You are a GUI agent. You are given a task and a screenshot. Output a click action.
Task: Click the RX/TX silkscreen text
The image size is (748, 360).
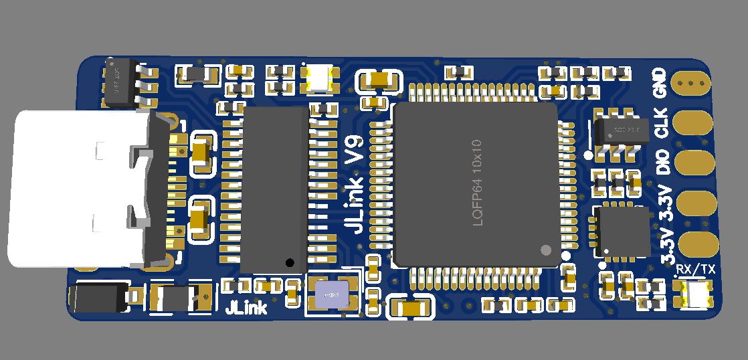click(696, 269)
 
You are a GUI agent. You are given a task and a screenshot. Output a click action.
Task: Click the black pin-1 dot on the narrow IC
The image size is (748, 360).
click(290, 262)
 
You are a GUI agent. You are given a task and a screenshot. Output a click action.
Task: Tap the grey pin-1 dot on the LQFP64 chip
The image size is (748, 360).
click(545, 250)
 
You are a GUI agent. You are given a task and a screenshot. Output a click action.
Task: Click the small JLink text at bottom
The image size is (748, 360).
click(246, 308)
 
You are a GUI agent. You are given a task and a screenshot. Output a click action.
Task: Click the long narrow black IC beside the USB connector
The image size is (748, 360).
click(275, 189)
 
